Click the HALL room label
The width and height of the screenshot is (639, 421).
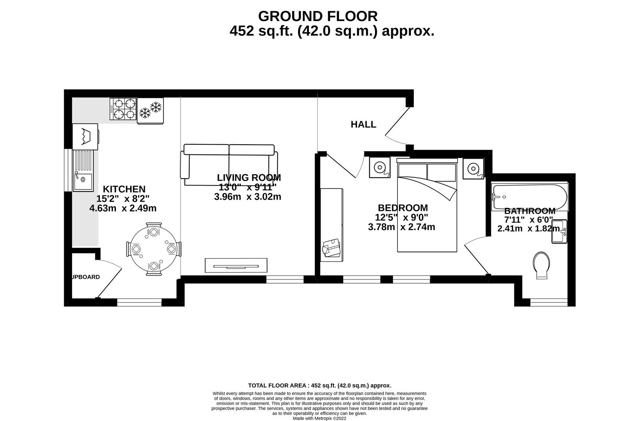(363, 124)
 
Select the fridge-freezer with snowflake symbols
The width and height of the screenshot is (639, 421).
(150, 111)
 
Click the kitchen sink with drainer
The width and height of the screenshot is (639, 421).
(83, 170)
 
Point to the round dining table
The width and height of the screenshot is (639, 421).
(154, 249)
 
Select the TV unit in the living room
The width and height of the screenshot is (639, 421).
(236, 265)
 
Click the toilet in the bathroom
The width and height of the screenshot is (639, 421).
(542, 265)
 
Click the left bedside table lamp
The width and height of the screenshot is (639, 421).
(380, 168)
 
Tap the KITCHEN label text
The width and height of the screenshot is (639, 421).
(124, 189)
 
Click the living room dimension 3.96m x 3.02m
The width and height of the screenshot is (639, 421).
(247, 197)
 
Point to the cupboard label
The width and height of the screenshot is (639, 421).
(85, 277)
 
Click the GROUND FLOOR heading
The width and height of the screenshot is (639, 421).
(318, 16)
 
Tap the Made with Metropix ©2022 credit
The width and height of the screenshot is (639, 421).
(319, 418)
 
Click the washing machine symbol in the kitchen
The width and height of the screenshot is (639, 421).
(85, 136)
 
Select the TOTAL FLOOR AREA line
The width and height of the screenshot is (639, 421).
(319, 386)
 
